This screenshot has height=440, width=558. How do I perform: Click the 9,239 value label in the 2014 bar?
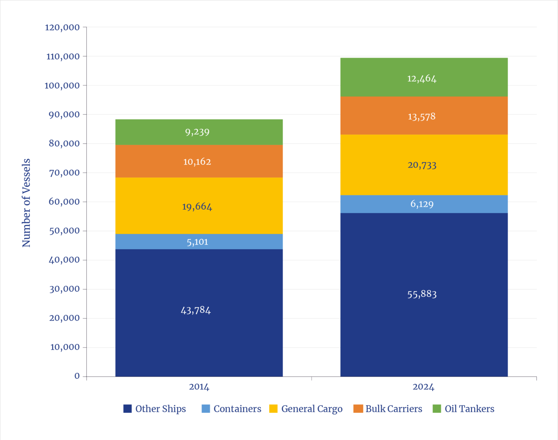[197, 132]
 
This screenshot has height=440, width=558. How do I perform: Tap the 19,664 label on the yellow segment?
[197, 207]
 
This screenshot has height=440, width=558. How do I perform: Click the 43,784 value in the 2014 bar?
[196, 310]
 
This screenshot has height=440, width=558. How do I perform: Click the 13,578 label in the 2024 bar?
[421, 117]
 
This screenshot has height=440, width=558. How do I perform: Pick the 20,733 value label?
[422, 165]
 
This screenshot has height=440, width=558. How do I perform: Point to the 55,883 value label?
[422, 294]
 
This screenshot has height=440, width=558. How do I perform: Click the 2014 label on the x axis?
[199, 387]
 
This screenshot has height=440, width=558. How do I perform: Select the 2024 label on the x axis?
[423, 387]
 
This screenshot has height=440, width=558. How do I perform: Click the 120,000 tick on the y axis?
[62, 27]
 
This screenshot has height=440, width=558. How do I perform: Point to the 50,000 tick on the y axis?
[64, 231]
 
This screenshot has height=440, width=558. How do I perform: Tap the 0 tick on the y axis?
[77, 376]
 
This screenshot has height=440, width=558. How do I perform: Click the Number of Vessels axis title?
[26, 203]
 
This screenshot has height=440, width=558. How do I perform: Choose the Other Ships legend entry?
[155, 409]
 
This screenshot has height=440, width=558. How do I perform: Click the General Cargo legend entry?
[306, 409]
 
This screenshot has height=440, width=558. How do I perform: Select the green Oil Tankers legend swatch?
[437, 408]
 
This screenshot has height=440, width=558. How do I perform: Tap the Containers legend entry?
[231, 409]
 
